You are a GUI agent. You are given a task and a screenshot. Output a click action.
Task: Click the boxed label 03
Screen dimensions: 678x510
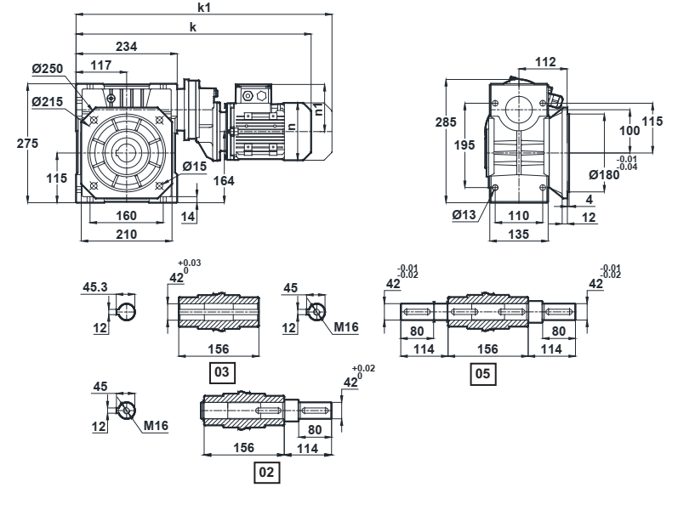[x=222, y=372]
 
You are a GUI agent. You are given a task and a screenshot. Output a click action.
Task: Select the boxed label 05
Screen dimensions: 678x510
[x=483, y=374]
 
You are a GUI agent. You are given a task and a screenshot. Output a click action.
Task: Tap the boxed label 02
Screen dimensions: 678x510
[x=267, y=473]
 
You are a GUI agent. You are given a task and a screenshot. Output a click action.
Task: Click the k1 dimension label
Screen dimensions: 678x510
[x=204, y=8]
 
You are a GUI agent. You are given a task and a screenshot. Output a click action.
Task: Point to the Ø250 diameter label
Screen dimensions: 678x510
[x=48, y=69]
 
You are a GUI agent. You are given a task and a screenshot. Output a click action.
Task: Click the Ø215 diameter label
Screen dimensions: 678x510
[x=48, y=102]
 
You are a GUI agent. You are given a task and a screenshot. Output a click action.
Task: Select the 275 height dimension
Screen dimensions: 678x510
[x=27, y=143]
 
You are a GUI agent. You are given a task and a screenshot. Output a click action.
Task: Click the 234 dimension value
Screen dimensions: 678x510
[x=127, y=46]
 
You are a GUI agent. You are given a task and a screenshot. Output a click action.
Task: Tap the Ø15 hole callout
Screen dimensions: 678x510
[x=195, y=167]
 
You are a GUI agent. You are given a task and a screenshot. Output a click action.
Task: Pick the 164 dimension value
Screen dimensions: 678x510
[x=224, y=181]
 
